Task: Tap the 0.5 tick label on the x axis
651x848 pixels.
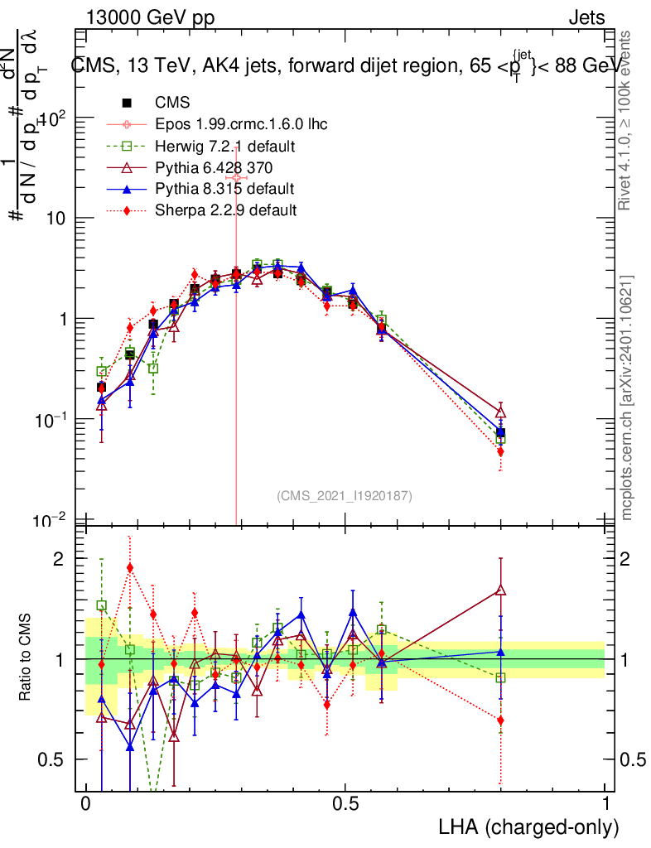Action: pos(345,804)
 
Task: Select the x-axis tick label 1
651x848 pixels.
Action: pos(605,804)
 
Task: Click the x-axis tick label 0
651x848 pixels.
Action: pos(85,804)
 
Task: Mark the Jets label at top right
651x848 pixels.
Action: pos(586,17)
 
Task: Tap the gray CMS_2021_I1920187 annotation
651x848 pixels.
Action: pos(345,495)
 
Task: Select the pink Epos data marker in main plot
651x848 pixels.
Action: pos(236,178)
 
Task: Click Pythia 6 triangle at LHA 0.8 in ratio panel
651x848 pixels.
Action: pos(500,590)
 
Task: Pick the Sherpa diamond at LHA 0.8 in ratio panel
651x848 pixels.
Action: pos(500,720)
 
